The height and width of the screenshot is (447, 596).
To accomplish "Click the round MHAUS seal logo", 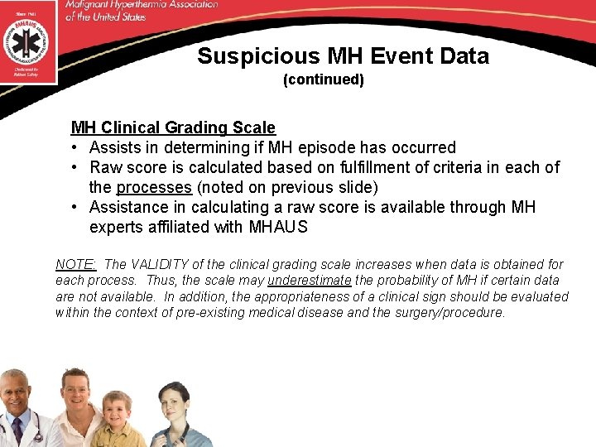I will point(29,41).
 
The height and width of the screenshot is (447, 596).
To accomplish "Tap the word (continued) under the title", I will point(324,80).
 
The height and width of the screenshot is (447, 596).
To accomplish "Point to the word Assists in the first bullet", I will point(116,147).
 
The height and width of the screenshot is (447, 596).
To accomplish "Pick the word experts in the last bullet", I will point(117,227).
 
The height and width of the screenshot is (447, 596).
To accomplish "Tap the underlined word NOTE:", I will point(75,264).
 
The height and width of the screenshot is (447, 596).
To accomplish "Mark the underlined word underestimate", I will point(310,280).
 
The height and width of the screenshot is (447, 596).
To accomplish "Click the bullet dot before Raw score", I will point(75,167).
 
